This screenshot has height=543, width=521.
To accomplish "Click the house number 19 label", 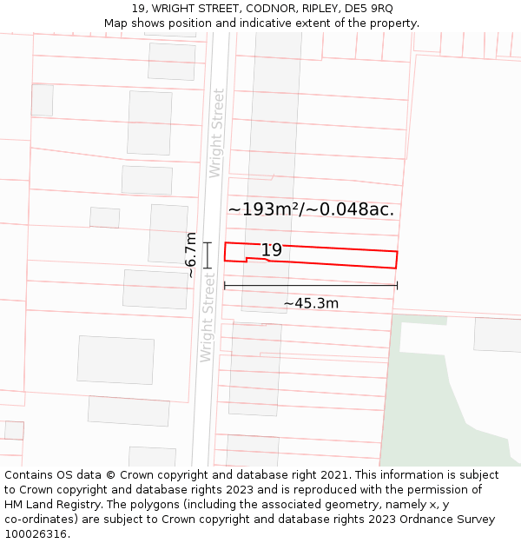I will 272,250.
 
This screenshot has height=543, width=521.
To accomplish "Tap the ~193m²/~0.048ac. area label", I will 311,209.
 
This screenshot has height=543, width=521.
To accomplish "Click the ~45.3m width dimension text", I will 311,303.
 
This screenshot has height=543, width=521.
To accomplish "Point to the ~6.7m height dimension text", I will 191,255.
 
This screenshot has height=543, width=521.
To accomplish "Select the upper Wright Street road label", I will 217,133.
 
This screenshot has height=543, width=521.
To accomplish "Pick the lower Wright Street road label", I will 207,317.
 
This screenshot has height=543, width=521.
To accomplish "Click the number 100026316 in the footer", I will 36,534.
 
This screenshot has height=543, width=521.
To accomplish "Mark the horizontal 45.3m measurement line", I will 311,285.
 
